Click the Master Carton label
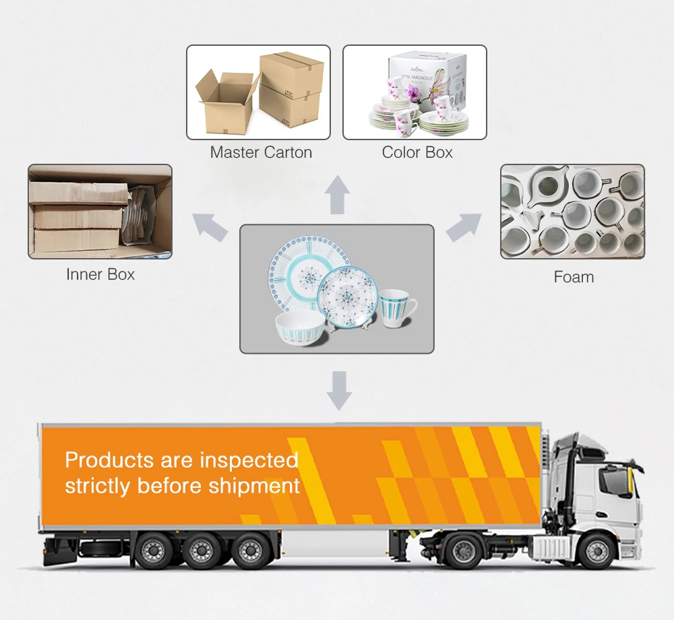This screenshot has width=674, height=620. [261, 152]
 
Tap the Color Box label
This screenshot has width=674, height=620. [417, 152]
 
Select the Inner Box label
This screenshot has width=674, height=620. [100, 274]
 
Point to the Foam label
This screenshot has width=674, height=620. [574, 276]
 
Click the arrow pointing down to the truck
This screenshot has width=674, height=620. [338, 391]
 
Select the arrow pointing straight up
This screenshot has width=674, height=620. [337, 195]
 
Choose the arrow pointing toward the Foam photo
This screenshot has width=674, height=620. [464, 227]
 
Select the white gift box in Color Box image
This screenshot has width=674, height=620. [431, 77]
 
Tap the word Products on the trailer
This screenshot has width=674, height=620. [109, 460]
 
